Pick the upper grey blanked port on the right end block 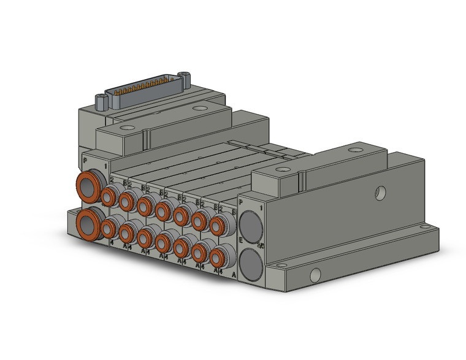point(250,222)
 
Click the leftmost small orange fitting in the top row point(109,196)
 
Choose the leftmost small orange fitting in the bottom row point(109,229)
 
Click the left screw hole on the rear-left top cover point(126,129)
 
